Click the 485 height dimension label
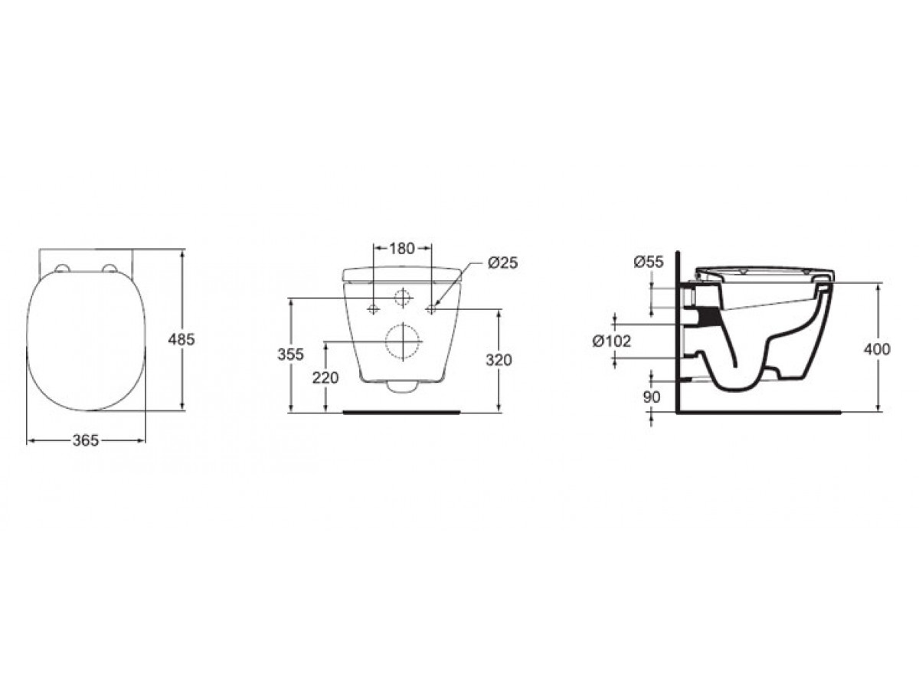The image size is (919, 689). click(182, 338)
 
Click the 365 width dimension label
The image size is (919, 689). click(86, 440)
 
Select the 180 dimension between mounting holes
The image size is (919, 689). click(401, 249)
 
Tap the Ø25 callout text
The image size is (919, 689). click(502, 263)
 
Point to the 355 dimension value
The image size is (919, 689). click(290, 354)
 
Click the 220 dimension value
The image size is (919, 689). click(325, 377)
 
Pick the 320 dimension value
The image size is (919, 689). click(499, 360)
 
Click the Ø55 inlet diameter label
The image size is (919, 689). click(649, 262)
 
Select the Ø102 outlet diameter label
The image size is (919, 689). click(611, 341)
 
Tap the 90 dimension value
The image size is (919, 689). click(652, 397)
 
